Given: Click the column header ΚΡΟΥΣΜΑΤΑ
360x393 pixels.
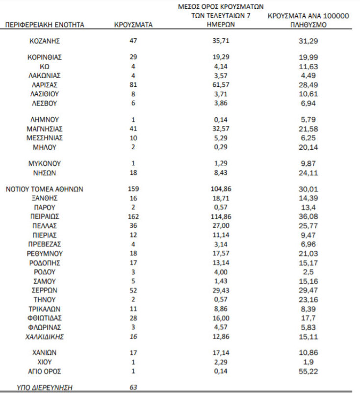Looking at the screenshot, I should [x=133, y=24].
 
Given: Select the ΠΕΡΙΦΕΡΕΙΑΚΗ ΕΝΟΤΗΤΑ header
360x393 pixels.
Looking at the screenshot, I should [x=45, y=24].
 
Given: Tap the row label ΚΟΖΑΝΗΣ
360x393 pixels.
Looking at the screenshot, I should [x=45, y=41].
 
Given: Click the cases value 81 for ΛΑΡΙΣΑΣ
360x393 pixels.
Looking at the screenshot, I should [x=133, y=85].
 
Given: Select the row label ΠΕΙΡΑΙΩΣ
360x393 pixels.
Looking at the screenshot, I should [x=45, y=216].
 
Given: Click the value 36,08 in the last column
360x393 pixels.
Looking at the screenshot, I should [x=309, y=216].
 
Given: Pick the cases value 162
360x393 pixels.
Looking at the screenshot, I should [x=133, y=216].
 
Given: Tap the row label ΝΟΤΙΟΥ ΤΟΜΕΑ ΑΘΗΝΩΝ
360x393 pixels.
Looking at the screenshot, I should [x=45, y=189].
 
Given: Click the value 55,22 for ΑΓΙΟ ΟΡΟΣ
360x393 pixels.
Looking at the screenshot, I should [x=309, y=371].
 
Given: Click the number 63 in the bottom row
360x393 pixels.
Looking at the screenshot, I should [x=133, y=388].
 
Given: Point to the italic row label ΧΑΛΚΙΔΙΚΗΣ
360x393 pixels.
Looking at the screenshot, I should [x=45, y=337].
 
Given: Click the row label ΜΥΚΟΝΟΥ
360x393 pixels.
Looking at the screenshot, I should [x=45, y=163].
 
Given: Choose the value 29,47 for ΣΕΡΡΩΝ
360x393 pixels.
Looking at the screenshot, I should [x=309, y=290].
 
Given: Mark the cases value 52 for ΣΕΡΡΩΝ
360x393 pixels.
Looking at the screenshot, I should [x=133, y=290].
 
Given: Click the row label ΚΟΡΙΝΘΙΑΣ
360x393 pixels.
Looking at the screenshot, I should [x=45, y=57].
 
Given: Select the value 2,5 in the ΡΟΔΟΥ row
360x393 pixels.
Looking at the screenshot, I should [x=309, y=272].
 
